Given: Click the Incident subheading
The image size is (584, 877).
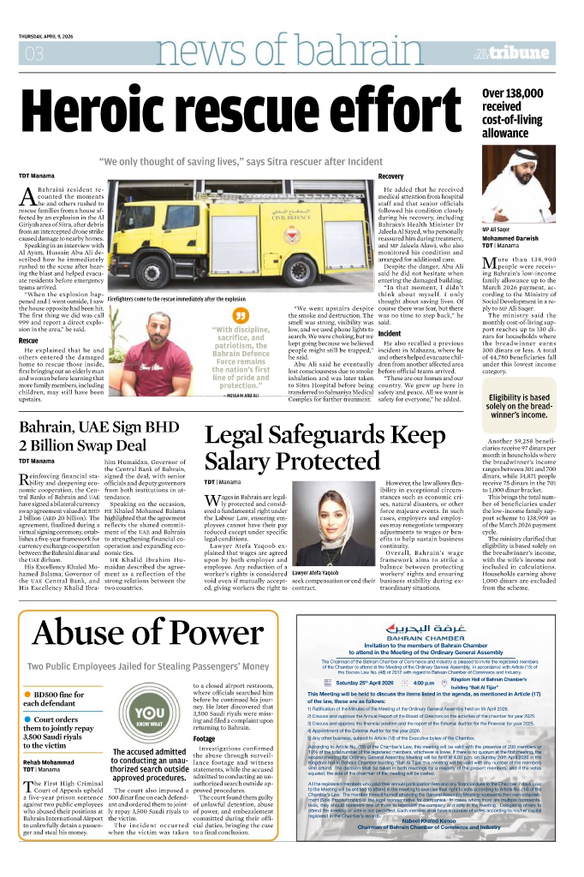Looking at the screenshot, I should (x=390, y=333).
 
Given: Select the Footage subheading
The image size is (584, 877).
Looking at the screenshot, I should (x=205, y=737).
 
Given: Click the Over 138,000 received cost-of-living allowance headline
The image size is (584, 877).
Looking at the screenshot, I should (x=523, y=113).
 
